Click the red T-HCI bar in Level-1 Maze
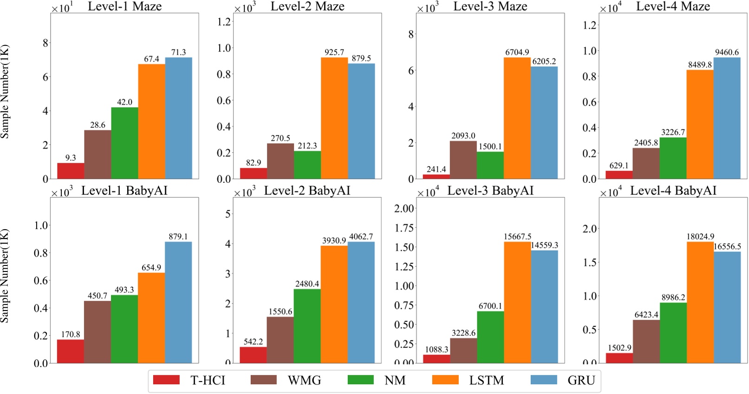pos(71,171)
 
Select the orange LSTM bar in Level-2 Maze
pos(334,118)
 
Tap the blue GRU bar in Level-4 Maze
pos(727,118)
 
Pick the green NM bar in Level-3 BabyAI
pos(490,337)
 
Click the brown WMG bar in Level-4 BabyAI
pos(646,341)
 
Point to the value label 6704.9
pos(517,52)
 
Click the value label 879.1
pos(178,237)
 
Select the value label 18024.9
pos(700,237)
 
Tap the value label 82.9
pos(254,162)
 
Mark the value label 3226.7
pos(673,132)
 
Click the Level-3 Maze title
pos(490,6)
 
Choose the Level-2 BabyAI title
pos(307,191)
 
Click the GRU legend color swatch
pos(543,380)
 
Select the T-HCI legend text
pos(208,381)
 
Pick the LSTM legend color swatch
pos(445,380)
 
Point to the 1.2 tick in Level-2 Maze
pos(224,22)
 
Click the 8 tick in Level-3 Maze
pos(411,34)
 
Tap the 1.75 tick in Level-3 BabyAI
pos(404,228)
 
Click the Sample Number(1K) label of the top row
pos(5,91)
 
